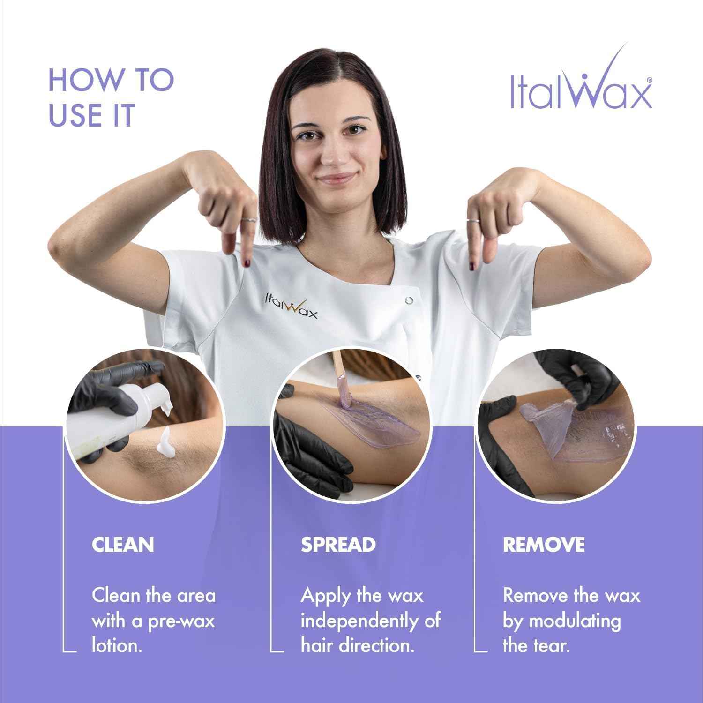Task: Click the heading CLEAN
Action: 123,545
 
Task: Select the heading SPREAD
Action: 338,545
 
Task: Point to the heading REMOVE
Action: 544,545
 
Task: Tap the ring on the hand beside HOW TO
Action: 248,219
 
